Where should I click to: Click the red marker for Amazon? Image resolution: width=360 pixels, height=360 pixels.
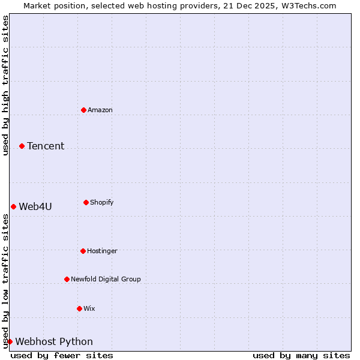[83, 110]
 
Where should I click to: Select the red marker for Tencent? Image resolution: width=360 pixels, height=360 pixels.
[22, 146]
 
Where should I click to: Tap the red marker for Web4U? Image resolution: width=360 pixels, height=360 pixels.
[13, 206]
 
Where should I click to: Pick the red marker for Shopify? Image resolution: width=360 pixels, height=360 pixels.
[86, 202]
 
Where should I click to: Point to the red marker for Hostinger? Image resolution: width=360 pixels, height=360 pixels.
[83, 251]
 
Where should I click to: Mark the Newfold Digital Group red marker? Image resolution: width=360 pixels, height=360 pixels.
[67, 279]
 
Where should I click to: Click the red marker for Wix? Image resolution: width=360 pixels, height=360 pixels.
[79, 308]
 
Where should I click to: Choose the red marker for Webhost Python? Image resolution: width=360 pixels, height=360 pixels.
[10, 341]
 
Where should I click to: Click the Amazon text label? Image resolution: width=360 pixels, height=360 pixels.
[100, 110]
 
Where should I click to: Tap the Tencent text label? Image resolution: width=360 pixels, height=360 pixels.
[46, 146]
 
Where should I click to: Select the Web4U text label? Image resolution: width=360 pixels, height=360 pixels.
[35, 206]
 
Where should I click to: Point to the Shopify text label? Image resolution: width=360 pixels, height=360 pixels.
[102, 202]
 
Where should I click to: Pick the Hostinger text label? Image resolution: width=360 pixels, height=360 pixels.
[102, 251]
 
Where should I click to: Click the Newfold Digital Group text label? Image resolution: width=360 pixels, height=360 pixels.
[106, 279]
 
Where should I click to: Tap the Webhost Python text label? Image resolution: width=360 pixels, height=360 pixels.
[54, 341]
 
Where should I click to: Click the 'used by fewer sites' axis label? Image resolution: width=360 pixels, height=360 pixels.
[62, 355]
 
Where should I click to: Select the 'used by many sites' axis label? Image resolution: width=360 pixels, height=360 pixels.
[301, 355]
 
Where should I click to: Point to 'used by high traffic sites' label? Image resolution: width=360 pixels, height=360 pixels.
[5, 85]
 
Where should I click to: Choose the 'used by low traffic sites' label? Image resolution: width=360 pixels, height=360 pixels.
[5, 281]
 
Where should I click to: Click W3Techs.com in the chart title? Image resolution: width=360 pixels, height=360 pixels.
[307, 5]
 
